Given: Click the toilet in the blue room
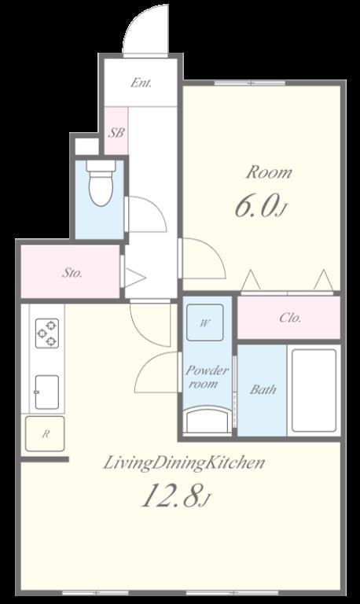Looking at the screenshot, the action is (101, 183).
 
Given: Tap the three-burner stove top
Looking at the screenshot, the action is (47, 333).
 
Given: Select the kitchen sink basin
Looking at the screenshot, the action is (47, 392).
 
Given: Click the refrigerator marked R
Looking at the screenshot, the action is (45, 434).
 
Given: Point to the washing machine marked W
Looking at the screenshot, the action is (205, 322).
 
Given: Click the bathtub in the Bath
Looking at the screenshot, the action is (314, 391).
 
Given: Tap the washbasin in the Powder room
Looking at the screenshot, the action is (208, 421).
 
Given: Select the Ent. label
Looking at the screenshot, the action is (141, 83).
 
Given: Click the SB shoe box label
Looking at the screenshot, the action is (116, 133).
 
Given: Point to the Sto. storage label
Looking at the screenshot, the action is (72, 273).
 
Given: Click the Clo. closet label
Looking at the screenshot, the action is (290, 318).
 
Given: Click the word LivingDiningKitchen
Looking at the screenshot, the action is (184, 462).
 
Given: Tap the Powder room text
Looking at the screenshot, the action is (207, 377).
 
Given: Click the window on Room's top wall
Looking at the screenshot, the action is (250, 83).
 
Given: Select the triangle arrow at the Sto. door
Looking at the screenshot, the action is (134, 278).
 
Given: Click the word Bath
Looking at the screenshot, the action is (263, 389).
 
